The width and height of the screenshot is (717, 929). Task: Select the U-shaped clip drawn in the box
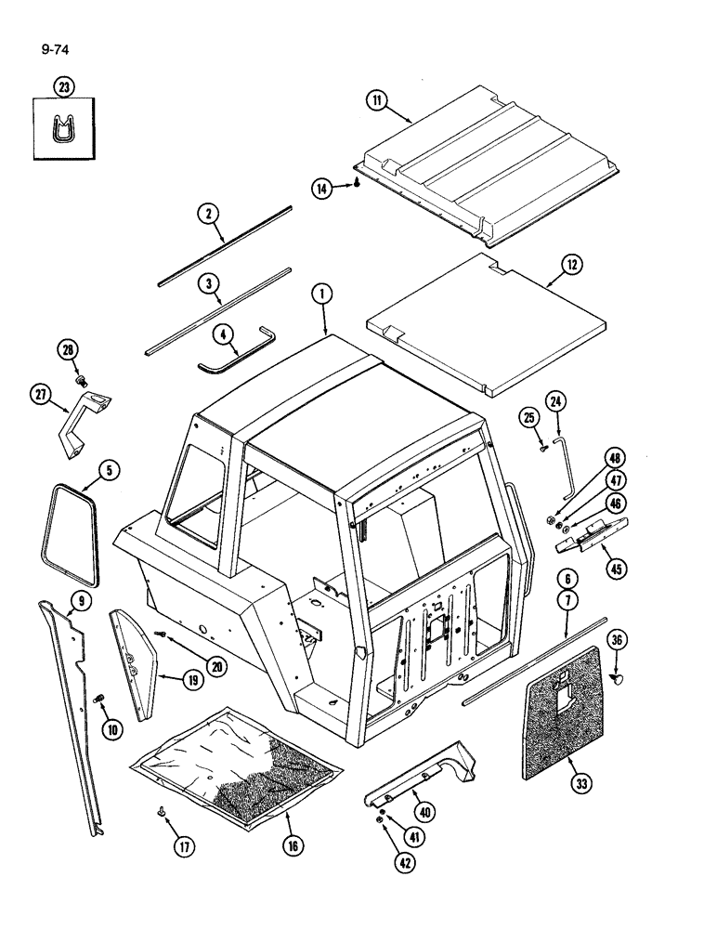[x=63, y=129]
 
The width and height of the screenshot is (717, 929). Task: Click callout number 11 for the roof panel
[x=377, y=101]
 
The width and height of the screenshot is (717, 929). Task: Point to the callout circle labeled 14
[x=321, y=189]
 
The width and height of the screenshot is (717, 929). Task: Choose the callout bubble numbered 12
[x=571, y=266]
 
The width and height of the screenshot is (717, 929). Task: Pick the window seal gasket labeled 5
[x=68, y=525]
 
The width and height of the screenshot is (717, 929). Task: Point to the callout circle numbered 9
[x=81, y=602]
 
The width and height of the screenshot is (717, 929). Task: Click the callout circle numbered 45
[x=612, y=569]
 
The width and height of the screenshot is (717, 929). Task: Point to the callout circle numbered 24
[x=556, y=401]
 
